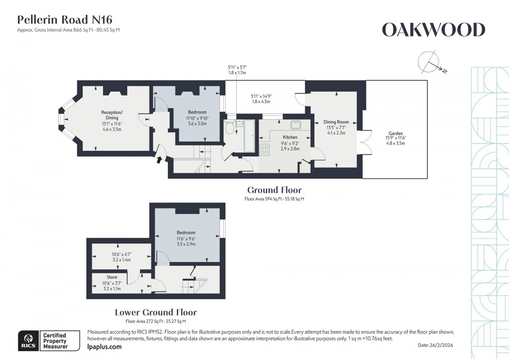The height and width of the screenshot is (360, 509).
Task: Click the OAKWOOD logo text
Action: click(433, 30)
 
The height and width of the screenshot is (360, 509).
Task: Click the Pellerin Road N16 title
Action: click(64, 20)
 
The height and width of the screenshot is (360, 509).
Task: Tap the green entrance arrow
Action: click(159, 160)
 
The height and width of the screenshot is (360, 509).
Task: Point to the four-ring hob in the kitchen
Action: click(264, 149)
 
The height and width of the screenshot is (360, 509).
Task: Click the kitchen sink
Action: click(295, 124)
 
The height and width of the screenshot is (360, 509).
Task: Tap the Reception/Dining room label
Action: click(112, 115)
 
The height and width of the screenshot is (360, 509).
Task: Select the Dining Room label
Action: click(336, 122)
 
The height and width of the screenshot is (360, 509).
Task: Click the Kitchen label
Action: click(290, 137)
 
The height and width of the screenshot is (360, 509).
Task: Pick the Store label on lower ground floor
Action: click(112, 278)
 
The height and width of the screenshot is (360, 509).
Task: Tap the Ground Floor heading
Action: click(274, 190)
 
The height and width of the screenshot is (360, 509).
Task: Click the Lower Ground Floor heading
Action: click(156, 312)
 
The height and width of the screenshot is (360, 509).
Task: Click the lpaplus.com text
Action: click(104, 347)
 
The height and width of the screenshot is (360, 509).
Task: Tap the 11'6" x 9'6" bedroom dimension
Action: click(186, 239)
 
